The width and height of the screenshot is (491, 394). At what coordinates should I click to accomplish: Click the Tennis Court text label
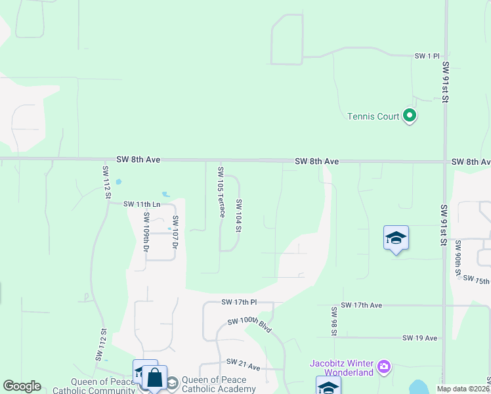coord(373,117)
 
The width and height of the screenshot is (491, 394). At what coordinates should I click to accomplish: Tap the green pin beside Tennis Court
coord(410,117)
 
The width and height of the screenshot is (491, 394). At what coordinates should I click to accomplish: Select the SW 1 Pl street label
coord(426,57)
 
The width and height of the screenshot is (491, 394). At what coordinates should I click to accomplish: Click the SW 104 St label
coord(239,215)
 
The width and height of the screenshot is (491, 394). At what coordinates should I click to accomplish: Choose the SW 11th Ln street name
coord(142,204)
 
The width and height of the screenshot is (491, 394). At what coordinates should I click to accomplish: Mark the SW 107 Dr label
coord(175,232)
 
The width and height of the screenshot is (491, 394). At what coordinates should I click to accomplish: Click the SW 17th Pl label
coord(238,302)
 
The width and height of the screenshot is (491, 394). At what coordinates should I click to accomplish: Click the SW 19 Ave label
coord(419,338)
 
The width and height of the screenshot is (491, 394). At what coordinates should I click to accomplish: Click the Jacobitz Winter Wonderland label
coord(341,368)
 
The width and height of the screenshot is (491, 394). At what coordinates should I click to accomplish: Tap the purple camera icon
coord(383,366)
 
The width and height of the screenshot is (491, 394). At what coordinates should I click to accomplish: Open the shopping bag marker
coord(155,378)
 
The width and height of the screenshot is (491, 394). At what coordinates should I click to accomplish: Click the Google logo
coord(22,386)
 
